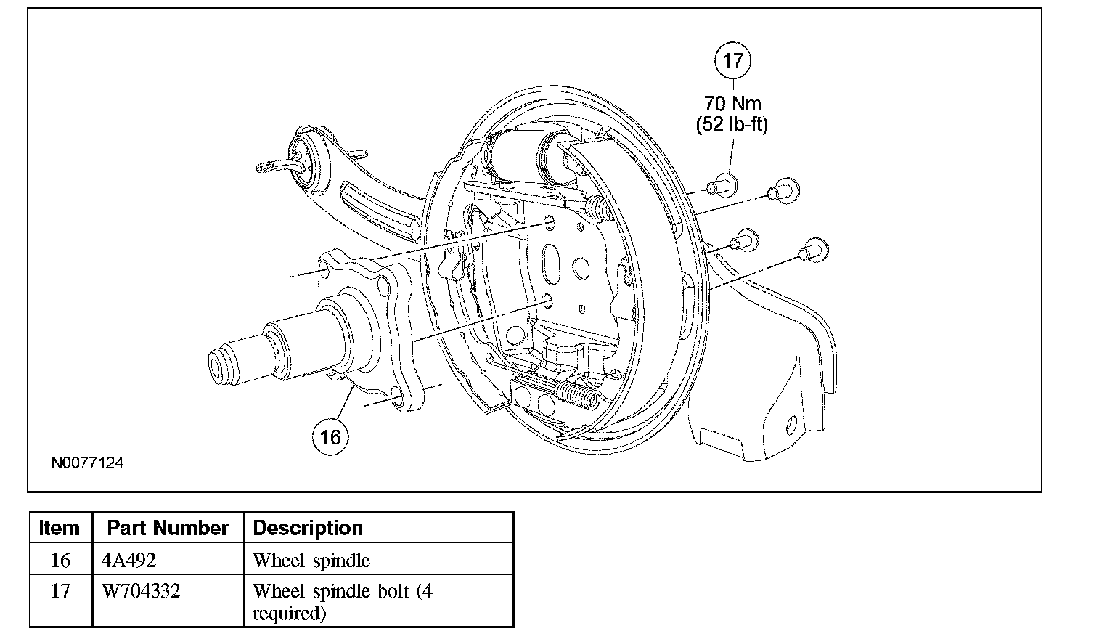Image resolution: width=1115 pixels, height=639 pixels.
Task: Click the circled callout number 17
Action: [732, 60]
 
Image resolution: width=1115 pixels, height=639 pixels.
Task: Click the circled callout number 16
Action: [330, 437]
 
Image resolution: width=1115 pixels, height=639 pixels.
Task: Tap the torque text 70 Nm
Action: [732, 104]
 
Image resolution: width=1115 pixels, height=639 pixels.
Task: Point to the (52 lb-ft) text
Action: [732, 124]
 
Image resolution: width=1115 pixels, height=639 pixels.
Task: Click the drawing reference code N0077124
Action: [87, 463]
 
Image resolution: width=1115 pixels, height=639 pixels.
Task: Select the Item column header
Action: [60, 528]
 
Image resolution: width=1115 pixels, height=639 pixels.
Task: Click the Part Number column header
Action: [168, 528]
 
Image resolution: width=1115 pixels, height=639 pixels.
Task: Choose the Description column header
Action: [308, 528]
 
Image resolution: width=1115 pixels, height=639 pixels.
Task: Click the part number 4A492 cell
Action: [128, 561]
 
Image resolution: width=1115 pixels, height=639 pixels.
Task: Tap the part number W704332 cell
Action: [141, 591]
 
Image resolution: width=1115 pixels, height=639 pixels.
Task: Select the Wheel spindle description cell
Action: [311, 561]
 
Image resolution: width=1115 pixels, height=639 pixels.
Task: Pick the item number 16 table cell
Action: [61, 561]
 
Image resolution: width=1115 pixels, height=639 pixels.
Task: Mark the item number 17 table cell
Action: [61, 591]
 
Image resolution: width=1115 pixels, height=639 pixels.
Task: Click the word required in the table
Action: [289, 614]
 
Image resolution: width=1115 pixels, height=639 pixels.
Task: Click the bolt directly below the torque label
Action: [723, 184]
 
